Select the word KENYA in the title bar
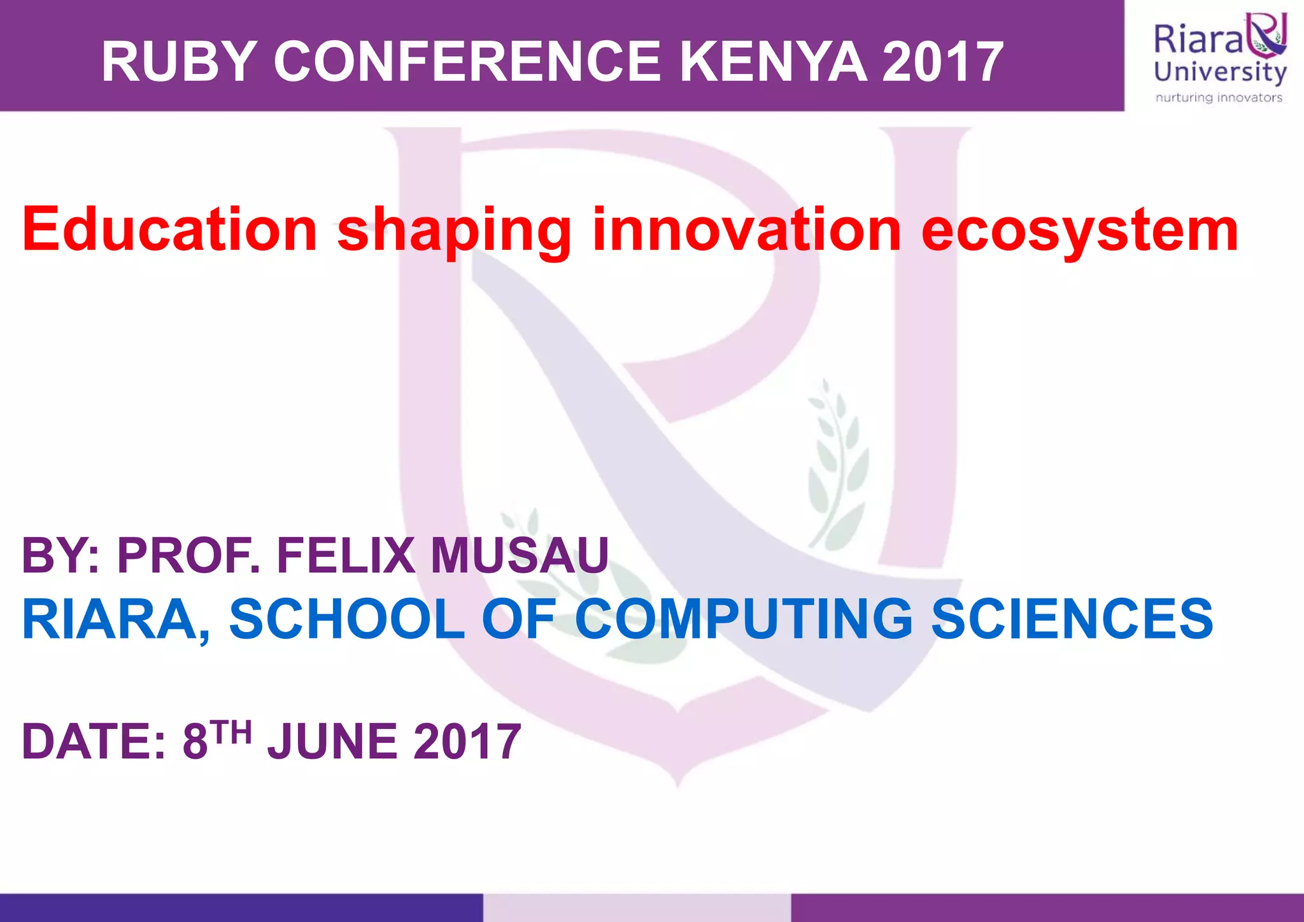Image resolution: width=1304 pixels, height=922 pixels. pyautogui.click(x=773, y=62)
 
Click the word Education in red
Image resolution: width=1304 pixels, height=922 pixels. pyautogui.click(x=169, y=230)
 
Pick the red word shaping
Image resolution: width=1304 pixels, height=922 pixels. pyautogui.click(x=454, y=231)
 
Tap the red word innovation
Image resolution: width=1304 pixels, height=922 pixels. pyautogui.click(x=746, y=230)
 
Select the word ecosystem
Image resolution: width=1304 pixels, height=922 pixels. pyautogui.click(x=1080, y=231)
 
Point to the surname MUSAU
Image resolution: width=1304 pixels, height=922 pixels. pyautogui.click(x=520, y=556)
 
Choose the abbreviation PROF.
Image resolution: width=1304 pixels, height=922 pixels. pyautogui.click(x=188, y=556)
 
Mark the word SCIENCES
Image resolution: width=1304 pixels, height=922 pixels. pyautogui.click(x=1072, y=619)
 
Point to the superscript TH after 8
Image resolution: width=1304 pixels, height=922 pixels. pyautogui.click(x=232, y=732)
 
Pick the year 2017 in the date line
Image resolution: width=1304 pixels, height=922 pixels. pyautogui.click(x=467, y=742)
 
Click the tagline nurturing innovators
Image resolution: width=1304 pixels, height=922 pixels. pyautogui.click(x=1219, y=97)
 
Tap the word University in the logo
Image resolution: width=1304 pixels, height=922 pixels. pyautogui.click(x=1220, y=71)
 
